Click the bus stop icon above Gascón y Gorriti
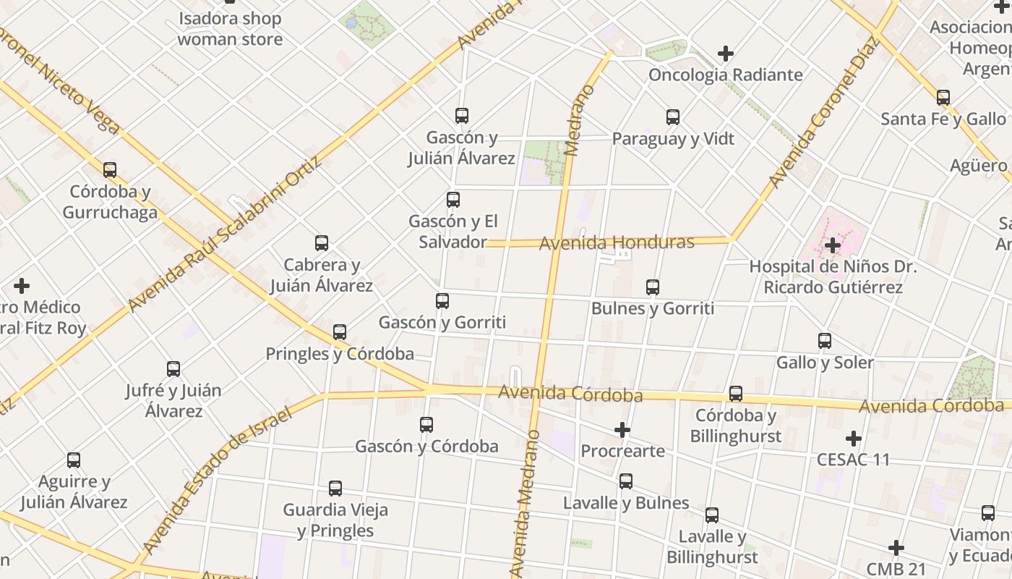click(x=442, y=301)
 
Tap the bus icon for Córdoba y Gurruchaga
click(x=110, y=170)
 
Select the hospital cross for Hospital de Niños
click(x=833, y=245)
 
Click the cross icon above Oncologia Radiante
click(x=726, y=54)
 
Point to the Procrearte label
click(x=623, y=451)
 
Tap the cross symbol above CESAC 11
click(x=854, y=438)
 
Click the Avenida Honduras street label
click(x=617, y=242)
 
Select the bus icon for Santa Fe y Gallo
click(x=943, y=98)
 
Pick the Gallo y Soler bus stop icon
click(x=825, y=341)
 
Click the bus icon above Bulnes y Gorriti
click(x=653, y=287)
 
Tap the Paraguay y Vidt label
click(x=673, y=138)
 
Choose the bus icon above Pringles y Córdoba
click(x=340, y=332)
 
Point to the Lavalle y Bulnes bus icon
click(x=626, y=481)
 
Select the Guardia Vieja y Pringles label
click(x=335, y=520)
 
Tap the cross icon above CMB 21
click(x=896, y=547)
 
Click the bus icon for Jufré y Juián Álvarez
click(x=173, y=369)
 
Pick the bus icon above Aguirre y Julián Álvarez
click(x=74, y=460)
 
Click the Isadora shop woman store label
click(x=230, y=29)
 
